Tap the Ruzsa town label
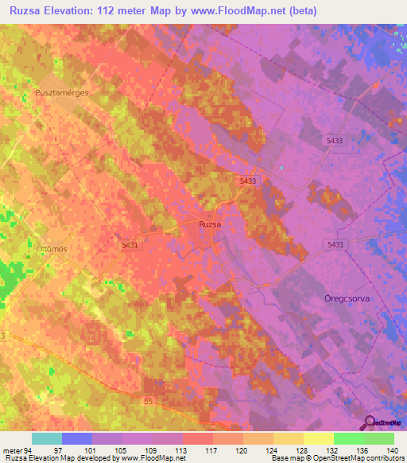click(x=210, y=225)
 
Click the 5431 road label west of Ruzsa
click(x=130, y=245)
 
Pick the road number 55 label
click(x=149, y=403)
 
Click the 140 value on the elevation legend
click(x=391, y=449)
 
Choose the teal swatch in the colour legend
click(x=47, y=438)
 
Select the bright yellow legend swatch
click(x=318, y=438)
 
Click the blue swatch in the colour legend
click(x=77, y=438)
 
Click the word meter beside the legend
click(x=12, y=449)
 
